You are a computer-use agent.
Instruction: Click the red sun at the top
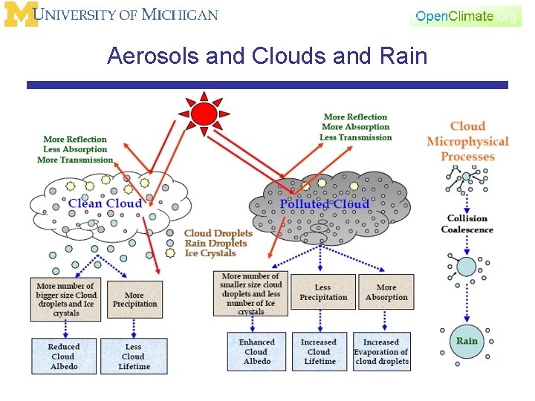click(x=204, y=114)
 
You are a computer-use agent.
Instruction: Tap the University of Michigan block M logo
click(x=19, y=16)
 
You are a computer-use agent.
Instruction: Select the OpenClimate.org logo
click(x=465, y=16)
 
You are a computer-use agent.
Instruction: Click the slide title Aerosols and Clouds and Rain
click(x=267, y=56)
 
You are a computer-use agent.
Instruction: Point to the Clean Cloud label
click(x=106, y=203)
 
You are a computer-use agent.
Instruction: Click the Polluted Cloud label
click(x=324, y=204)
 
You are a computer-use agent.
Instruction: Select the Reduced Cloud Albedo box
click(x=63, y=356)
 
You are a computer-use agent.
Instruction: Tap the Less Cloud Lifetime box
click(x=134, y=356)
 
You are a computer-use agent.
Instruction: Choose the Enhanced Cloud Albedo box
click(x=256, y=352)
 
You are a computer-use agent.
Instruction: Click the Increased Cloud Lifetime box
click(x=319, y=352)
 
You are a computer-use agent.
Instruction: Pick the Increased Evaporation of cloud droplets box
click(x=381, y=352)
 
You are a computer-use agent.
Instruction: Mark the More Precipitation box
click(x=134, y=299)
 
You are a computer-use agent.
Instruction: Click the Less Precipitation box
click(x=323, y=293)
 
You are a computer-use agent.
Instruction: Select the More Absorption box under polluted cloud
click(x=386, y=293)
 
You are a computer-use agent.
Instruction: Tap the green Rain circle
click(x=467, y=341)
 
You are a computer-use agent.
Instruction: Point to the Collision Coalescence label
click(x=467, y=224)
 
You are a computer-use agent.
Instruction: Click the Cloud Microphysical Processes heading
click(x=467, y=141)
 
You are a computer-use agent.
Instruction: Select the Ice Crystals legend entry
click(x=210, y=253)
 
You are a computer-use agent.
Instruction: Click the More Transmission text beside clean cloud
click(x=74, y=160)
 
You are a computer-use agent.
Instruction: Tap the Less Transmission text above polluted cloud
click(x=355, y=137)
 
